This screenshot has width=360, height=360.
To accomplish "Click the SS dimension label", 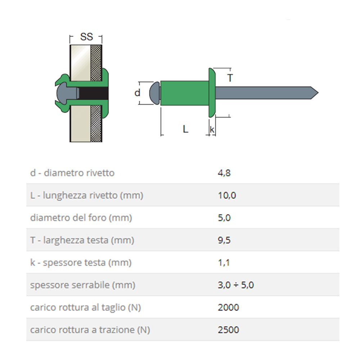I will pyautogui.click(x=86, y=37).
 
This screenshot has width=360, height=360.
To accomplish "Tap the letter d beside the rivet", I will pyautogui.click(x=137, y=93).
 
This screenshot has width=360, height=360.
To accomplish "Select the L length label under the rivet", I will pyautogui.click(x=185, y=129).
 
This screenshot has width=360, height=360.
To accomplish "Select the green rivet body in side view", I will pyautogui.click(x=184, y=93).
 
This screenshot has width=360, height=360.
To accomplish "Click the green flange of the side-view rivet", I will pyautogui.click(x=212, y=93).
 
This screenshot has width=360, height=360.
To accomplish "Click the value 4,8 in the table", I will pyautogui.click(x=224, y=173).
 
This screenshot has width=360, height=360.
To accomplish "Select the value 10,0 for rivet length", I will pyautogui.click(x=227, y=195).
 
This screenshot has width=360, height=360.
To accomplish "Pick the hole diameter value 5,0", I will pyautogui.click(x=224, y=218).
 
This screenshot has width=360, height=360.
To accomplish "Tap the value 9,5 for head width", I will pyautogui.click(x=224, y=240).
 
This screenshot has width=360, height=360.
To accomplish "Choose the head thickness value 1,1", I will pyautogui.click(x=224, y=263).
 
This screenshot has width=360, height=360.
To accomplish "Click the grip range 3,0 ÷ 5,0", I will pyautogui.click(x=236, y=285).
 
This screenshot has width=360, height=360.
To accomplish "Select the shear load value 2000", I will pyautogui.click(x=228, y=307).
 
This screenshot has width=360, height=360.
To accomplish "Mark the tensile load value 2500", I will pyautogui.click(x=228, y=330).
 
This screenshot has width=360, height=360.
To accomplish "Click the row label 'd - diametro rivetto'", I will pyautogui.click(x=72, y=173).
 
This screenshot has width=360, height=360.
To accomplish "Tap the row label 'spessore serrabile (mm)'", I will pyautogui.click(x=83, y=285).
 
